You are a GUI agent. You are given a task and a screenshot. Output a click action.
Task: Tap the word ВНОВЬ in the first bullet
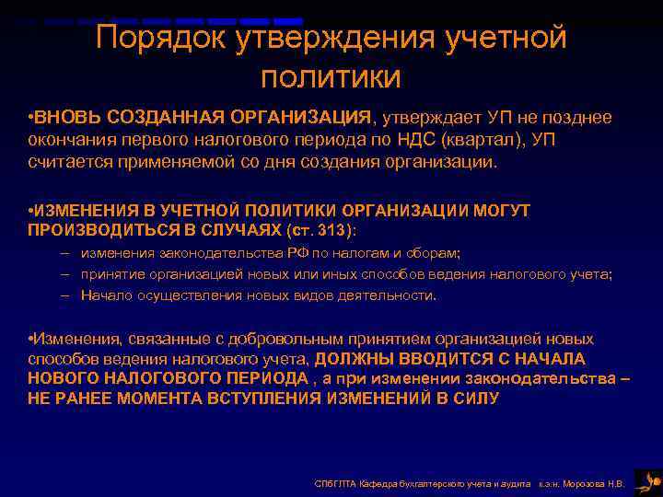point(66,118)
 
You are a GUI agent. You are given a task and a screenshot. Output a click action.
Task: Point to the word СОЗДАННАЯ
point(158,118)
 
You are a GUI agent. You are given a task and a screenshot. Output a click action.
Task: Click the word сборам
point(436,253)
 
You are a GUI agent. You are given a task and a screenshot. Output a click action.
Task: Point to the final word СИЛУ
point(475,398)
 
